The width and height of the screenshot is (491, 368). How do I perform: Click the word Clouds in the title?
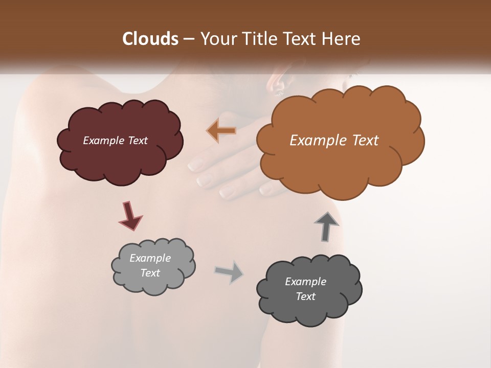pos(150,39)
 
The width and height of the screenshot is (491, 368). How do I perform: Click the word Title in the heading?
pos(258,39)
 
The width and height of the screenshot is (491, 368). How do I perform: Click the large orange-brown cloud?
pos(338,169)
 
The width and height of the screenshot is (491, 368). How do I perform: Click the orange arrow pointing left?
pos(222,130)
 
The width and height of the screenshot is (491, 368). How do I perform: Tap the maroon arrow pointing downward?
pos(130,216)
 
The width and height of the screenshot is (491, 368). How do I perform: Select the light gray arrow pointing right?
pos(230,271)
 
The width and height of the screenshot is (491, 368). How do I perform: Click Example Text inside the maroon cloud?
pos(115,141)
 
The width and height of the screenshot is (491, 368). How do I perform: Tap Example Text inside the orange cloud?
pos(334,141)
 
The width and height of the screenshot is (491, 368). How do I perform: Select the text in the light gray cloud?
pos(150,265)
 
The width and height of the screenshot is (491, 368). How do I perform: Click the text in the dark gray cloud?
pos(305,289)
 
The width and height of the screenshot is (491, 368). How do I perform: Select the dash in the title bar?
pos(189,39)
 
